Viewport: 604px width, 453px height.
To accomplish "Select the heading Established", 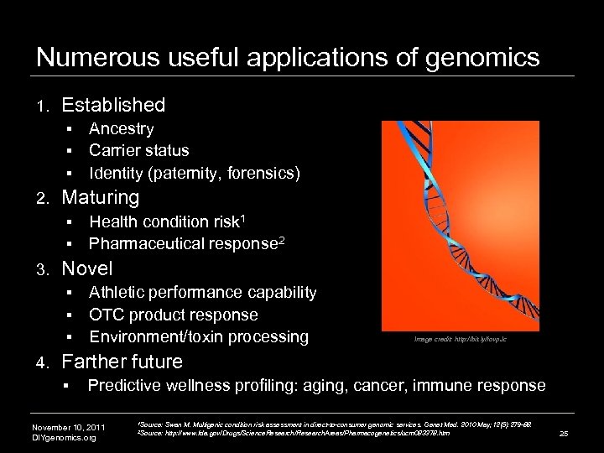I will tap(113, 105).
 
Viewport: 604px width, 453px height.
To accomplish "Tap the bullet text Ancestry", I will tap(122, 129).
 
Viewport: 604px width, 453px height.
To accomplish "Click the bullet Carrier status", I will tap(139, 151).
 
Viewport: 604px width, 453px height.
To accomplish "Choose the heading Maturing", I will tap(101, 198).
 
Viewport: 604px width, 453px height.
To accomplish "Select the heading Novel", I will tap(88, 269).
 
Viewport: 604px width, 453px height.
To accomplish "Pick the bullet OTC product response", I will tap(174, 315).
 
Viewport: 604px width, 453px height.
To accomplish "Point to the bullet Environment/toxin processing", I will tap(199, 337).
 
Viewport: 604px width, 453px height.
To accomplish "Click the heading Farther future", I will tap(122, 362).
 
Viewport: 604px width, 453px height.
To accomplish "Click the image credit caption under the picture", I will tap(460, 340).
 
